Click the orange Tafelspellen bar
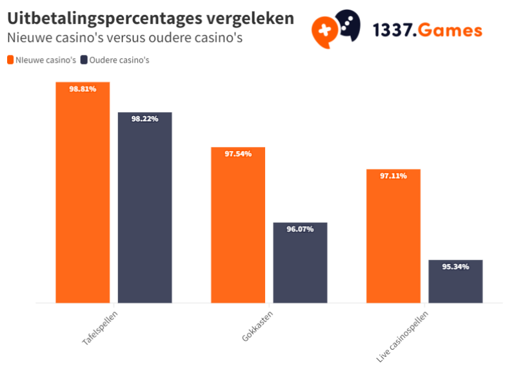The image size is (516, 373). coord(83,194)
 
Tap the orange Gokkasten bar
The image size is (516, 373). coord(238,226)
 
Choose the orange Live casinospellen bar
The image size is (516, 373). coord(393,236)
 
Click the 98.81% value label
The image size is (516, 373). coord(83,89)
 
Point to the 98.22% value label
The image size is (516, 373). coord(144,119)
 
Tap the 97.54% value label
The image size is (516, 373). coord(238,154)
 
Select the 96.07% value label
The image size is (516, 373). coord(300,229)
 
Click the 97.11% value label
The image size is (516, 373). coord(393,176)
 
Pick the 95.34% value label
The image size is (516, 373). coord(455,267)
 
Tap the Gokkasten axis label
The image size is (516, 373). coord(255,325)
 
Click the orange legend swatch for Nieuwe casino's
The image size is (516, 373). coord(10,60)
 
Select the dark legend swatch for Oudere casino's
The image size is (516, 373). coord(84,60)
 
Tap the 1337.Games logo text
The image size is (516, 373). coord(427,30)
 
